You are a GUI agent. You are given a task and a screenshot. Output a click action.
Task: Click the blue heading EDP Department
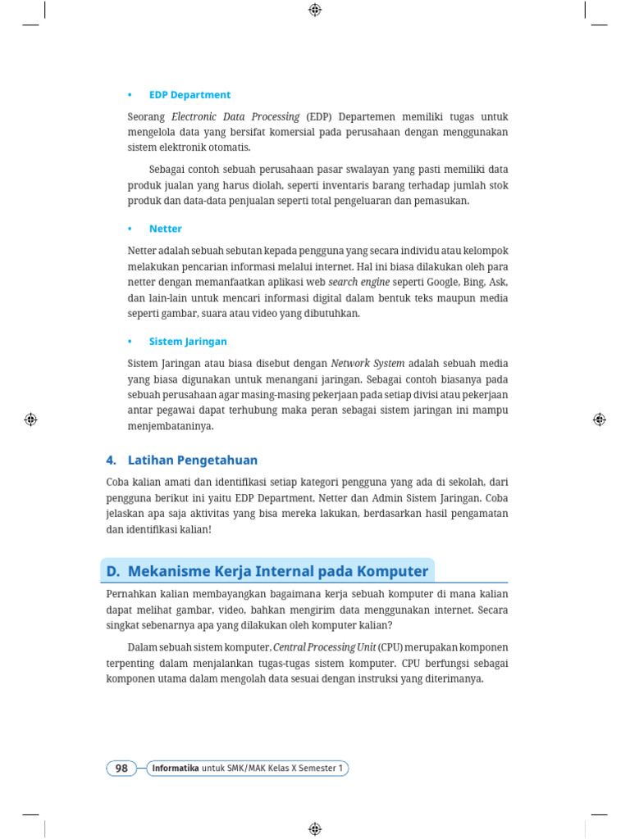189,95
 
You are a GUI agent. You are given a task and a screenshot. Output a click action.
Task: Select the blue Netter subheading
166,229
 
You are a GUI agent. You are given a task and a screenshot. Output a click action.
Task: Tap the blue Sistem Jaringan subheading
188,341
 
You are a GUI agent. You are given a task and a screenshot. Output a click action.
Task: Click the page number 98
121,768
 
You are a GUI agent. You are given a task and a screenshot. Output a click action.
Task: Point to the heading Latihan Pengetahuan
193,460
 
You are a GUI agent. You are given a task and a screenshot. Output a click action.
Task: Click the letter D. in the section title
114,571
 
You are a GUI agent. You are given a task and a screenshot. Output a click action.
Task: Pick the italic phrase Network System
367,363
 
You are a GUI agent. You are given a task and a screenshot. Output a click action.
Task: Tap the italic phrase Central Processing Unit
324,646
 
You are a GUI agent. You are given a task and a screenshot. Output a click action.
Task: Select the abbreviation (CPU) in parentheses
392,646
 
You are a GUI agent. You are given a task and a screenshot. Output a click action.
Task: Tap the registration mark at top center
315,10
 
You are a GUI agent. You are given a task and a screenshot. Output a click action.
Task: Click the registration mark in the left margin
30,419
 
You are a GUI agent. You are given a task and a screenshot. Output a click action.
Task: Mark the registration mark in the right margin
600,419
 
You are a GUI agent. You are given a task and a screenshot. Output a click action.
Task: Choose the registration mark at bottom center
315,828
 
